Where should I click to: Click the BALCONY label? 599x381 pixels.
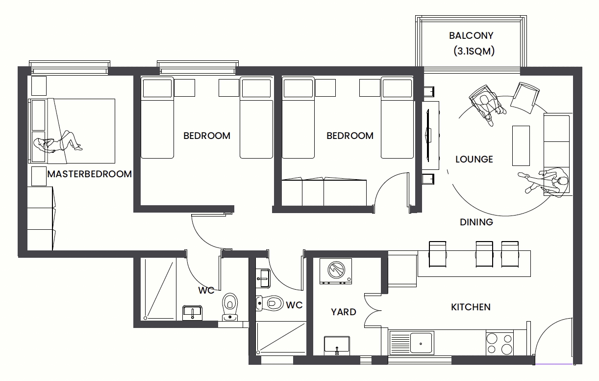point(471,36)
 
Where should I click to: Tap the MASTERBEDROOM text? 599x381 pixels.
point(89,174)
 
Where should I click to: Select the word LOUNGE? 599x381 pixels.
point(474,160)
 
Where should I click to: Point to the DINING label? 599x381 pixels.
point(476,222)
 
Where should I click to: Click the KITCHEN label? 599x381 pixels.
point(471,307)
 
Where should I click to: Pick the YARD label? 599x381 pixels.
point(343,312)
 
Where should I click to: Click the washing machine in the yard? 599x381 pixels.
point(336,271)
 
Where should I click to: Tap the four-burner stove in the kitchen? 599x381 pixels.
point(499,344)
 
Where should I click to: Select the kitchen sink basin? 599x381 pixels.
point(421,343)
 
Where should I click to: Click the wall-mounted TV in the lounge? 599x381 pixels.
point(428,136)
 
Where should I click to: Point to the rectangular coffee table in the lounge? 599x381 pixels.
point(521,146)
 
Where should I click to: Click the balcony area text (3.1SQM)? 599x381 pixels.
point(474,51)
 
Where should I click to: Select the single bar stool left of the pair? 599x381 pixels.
point(437,254)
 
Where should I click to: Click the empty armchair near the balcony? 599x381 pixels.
point(524,98)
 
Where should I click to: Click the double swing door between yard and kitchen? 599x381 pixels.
point(372,310)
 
